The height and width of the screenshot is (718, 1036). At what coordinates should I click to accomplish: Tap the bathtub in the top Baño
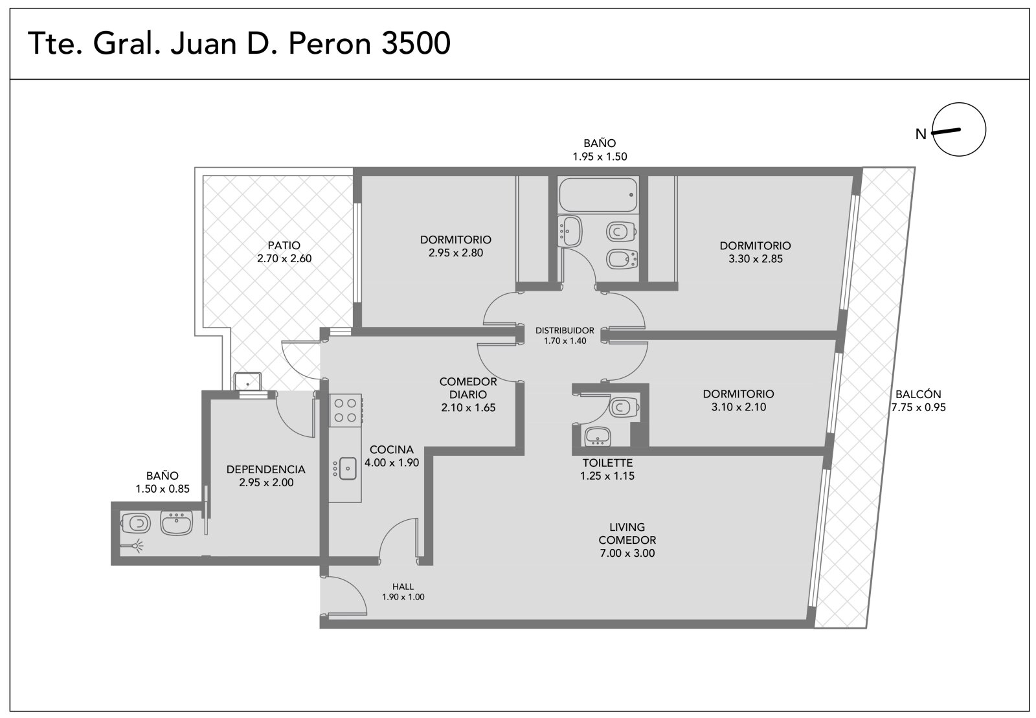(x=598, y=195)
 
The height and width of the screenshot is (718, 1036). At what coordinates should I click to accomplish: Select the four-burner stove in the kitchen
(x=345, y=410)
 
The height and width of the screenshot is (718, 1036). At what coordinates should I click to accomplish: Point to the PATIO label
(x=284, y=245)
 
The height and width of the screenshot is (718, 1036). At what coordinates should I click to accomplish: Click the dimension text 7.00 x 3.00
(x=627, y=553)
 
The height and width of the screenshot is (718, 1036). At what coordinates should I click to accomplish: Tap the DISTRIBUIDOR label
(x=565, y=331)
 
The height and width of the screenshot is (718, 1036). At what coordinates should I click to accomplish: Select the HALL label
(x=403, y=587)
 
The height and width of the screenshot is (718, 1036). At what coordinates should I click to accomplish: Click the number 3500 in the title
(x=416, y=43)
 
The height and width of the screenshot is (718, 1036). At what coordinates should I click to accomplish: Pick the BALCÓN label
(x=918, y=394)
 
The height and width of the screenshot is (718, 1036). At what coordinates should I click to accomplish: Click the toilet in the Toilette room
(x=624, y=408)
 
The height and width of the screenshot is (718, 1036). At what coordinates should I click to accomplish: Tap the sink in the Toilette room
(x=598, y=436)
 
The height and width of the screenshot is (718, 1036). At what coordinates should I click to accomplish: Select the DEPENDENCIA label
(x=266, y=469)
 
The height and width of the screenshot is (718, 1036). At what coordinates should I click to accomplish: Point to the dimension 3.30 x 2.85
(x=756, y=259)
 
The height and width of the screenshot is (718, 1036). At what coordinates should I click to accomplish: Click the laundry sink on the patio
(x=247, y=381)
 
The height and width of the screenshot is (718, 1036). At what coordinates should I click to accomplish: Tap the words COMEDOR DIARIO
(x=468, y=388)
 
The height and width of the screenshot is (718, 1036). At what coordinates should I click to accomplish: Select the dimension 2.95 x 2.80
(x=456, y=253)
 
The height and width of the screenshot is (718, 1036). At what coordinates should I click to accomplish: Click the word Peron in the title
(x=330, y=43)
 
